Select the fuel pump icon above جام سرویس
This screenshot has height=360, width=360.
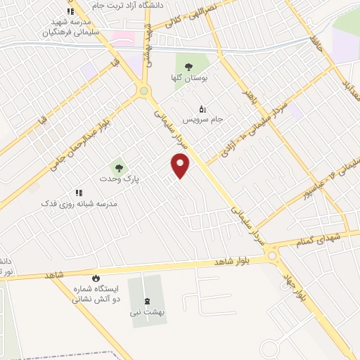coord(202,108)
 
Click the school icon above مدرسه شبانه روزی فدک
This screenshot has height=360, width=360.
coord(79,192)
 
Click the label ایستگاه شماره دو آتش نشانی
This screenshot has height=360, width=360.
coord(96,294)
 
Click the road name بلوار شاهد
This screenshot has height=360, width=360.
coord(233,262)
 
